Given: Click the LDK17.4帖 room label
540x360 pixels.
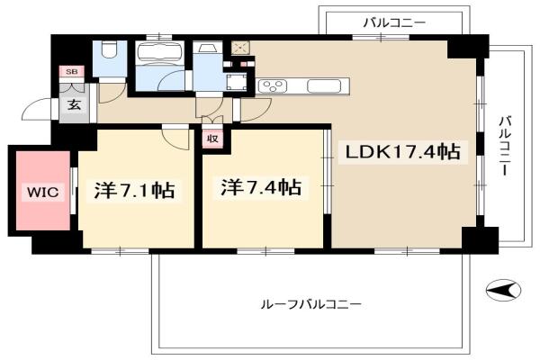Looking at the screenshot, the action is (x=402, y=152).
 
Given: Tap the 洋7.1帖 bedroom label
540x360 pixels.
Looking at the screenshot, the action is (x=134, y=190).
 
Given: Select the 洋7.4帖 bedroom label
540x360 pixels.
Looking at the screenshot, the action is (x=261, y=188).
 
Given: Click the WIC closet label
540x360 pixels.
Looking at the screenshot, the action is (x=42, y=192).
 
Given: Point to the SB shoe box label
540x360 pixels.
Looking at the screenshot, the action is (x=72, y=72).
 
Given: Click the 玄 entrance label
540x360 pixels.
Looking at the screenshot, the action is (x=74, y=104).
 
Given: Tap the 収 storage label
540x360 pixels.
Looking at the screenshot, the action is (x=212, y=139).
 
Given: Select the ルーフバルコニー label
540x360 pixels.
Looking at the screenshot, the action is (x=311, y=304).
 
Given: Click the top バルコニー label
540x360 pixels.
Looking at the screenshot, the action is (x=395, y=23).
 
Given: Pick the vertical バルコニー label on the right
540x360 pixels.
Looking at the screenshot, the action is (x=505, y=147).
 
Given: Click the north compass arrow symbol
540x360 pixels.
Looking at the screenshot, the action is (x=503, y=290).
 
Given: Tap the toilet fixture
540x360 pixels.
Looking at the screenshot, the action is (x=110, y=49).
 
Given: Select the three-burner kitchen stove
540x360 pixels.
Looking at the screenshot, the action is (x=273, y=85).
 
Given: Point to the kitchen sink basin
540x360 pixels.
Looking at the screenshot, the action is (x=324, y=85).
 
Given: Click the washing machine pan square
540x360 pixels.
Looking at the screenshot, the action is (x=237, y=81).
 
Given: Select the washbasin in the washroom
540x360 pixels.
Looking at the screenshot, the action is (x=207, y=48).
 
